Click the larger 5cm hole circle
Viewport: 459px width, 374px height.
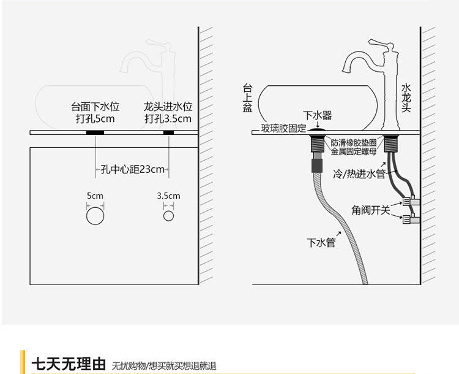[x=95, y=216]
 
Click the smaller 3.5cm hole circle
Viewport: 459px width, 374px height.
[x=168, y=216]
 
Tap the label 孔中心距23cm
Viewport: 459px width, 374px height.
[x=132, y=169]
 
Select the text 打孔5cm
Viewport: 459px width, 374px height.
[x=95, y=118]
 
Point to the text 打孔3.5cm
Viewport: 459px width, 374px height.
[x=168, y=118]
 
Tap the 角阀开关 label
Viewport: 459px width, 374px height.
[x=371, y=210]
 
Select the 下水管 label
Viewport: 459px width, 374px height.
[x=321, y=242]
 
